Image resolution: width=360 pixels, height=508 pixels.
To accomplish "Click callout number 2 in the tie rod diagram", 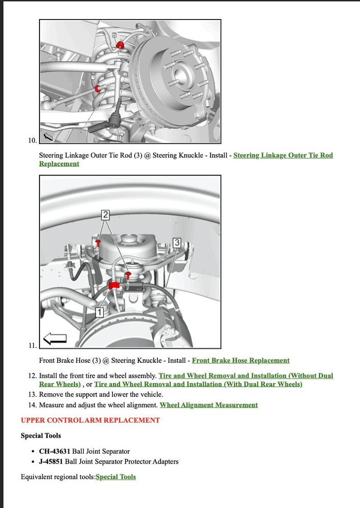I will (x=114, y=35).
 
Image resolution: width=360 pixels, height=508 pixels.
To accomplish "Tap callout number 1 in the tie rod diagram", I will (x=93, y=78).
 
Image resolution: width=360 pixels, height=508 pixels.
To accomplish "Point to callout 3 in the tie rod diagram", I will (x=119, y=137).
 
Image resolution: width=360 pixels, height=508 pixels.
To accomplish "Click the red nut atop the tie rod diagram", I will (x=121, y=44).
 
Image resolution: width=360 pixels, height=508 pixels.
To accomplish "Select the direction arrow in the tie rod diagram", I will (x=48, y=136).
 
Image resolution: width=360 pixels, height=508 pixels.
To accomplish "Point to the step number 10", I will (x=32, y=141).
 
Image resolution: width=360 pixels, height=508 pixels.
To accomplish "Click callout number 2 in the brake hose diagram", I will (x=105, y=215).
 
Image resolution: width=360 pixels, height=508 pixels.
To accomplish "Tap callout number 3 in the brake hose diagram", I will (x=177, y=242).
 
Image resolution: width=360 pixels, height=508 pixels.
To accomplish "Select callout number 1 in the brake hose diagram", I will (x=100, y=312).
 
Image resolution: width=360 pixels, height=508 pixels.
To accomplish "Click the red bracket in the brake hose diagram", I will (x=114, y=285).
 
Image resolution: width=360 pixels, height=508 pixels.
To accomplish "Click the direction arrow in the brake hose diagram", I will (x=54, y=338).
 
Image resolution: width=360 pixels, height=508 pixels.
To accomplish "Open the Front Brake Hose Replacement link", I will (x=240, y=361).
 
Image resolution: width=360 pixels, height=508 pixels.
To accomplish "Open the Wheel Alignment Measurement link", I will (x=209, y=405).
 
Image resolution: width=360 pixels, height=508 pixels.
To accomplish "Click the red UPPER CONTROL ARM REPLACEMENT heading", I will (x=90, y=420).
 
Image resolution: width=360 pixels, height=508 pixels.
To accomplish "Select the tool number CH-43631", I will (x=54, y=451).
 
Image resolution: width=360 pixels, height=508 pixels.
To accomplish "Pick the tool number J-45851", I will (x=51, y=462).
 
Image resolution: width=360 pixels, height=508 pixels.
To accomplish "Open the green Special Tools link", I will (x=116, y=477).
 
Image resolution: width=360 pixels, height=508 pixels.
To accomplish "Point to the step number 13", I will (x=32, y=395).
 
